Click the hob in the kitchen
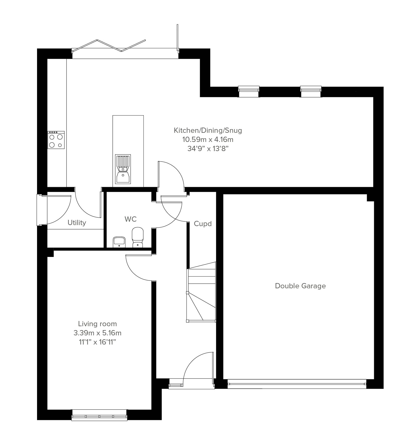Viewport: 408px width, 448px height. (x=56, y=140)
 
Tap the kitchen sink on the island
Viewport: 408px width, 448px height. (x=123, y=169)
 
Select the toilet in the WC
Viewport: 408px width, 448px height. (x=138, y=238)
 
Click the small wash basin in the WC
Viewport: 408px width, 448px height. (x=119, y=242)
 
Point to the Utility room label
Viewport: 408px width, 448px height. (x=77, y=223)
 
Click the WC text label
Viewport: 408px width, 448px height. (x=130, y=219)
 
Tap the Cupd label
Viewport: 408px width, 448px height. (x=203, y=224)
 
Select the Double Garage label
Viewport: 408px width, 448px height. (x=300, y=286)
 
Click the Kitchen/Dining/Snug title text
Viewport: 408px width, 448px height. (x=208, y=130)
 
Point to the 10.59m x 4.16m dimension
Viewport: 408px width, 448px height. (x=208, y=140)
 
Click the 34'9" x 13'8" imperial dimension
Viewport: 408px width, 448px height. (x=208, y=149)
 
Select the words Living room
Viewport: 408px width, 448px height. (x=98, y=324)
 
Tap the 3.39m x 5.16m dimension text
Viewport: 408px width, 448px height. (x=98, y=333)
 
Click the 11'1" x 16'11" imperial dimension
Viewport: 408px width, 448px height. (x=98, y=342)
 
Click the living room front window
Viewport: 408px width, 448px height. (x=99, y=415)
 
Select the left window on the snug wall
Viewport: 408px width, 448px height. (x=249, y=91)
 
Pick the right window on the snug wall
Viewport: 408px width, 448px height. (x=311, y=91)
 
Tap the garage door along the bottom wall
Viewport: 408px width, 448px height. (x=297, y=384)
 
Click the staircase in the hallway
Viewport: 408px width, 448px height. (x=201, y=291)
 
